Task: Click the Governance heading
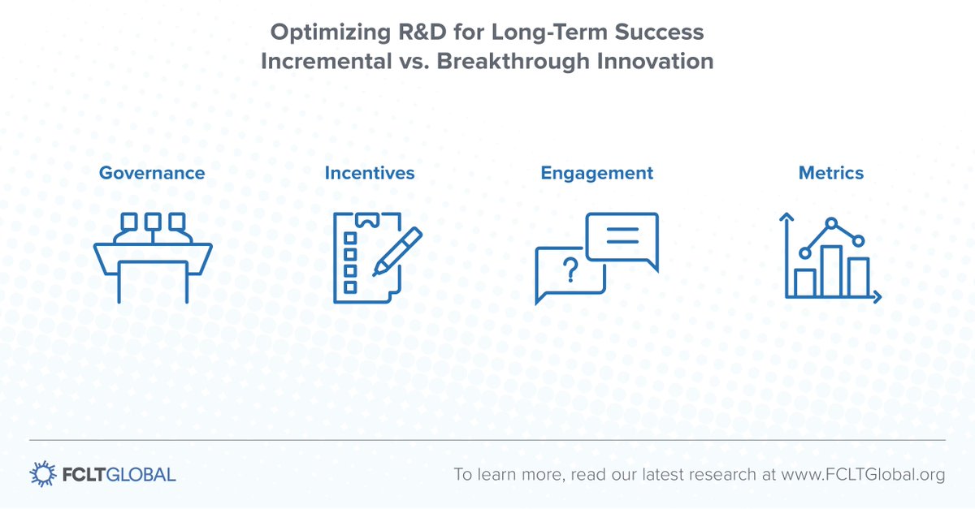pyautogui.click(x=152, y=173)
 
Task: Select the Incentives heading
pyautogui.click(x=370, y=173)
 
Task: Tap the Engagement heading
pyautogui.click(x=596, y=174)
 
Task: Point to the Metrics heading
pyautogui.click(x=831, y=173)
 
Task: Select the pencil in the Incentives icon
pyautogui.click(x=397, y=251)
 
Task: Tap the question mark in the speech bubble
pyautogui.click(x=570, y=270)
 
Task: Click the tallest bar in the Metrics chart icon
pyautogui.click(x=831, y=271)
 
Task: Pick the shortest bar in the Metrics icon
pyautogui.click(x=805, y=283)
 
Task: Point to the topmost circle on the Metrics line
pyautogui.click(x=831, y=223)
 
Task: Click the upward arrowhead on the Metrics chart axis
pyautogui.click(x=786, y=216)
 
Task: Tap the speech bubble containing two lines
pyautogui.click(x=622, y=240)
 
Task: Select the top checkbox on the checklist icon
pyautogui.click(x=350, y=238)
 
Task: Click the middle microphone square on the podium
pyautogui.click(x=153, y=222)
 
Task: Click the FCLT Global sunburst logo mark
pyautogui.click(x=42, y=474)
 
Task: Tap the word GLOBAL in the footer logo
pyautogui.click(x=141, y=475)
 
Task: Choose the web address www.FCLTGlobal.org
pyautogui.click(x=863, y=475)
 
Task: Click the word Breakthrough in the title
pyautogui.click(x=513, y=61)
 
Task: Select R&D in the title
pyautogui.click(x=422, y=32)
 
